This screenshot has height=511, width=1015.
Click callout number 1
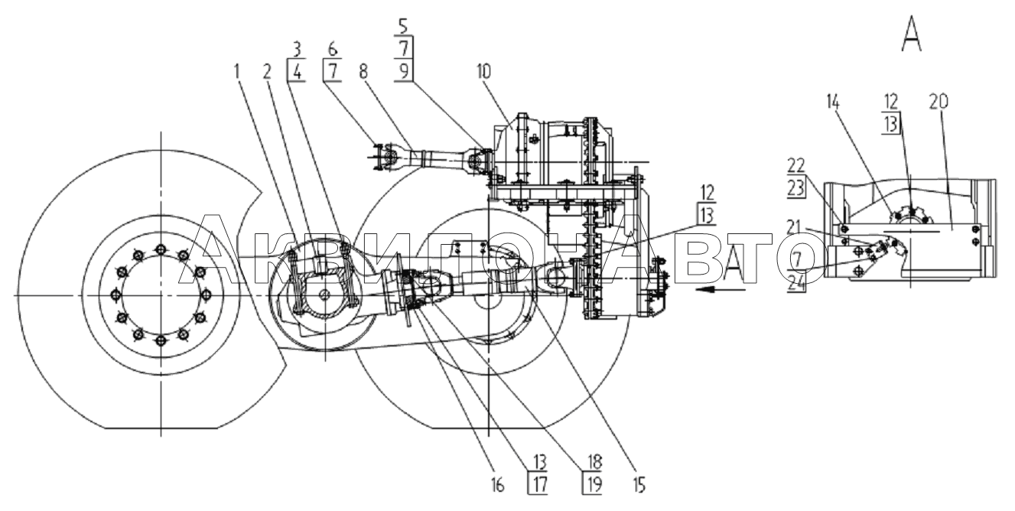pyautogui.click(x=236, y=72)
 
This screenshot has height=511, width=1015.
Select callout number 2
pyautogui.click(x=268, y=72)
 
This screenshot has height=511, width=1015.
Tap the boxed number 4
pyautogui.click(x=297, y=73)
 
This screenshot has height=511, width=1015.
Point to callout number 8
pyautogui.click(x=363, y=72)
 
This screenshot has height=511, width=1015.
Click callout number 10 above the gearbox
pyautogui.click(x=484, y=72)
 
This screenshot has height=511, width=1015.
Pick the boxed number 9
pyautogui.click(x=404, y=72)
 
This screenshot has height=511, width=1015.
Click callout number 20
pyautogui.click(x=939, y=103)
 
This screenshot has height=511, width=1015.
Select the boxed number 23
pyautogui.click(x=795, y=188)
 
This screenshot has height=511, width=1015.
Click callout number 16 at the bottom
pyautogui.click(x=497, y=486)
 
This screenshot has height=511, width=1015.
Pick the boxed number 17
pyautogui.click(x=540, y=485)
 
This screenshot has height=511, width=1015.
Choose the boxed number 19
pyautogui.click(x=594, y=485)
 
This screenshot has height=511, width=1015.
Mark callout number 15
pyautogui.click(x=639, y=486)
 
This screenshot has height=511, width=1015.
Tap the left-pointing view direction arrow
pyautogui.click(x=721, y=289)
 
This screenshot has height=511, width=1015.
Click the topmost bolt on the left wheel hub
pyautogui.click(x=161, y=249)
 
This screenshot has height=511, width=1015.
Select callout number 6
pyautogui.click(x=333, y=48)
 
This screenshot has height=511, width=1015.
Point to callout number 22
pyautogui.click(x=795, y=166)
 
